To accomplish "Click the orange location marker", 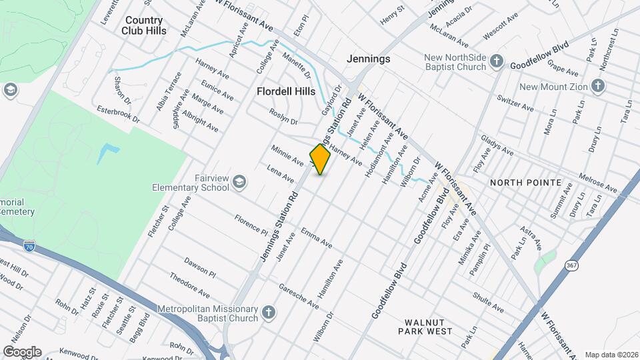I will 321,159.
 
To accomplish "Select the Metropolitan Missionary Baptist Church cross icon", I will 268,312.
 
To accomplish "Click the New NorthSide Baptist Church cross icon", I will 496,62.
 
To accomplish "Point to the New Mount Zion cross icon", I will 598,85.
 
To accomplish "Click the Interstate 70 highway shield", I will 29,247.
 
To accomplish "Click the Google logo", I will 22,351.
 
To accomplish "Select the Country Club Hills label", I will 143,25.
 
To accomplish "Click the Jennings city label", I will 368,59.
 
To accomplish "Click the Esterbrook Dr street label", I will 117,114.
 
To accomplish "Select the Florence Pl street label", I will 250,223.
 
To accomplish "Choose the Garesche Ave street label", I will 299,296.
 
